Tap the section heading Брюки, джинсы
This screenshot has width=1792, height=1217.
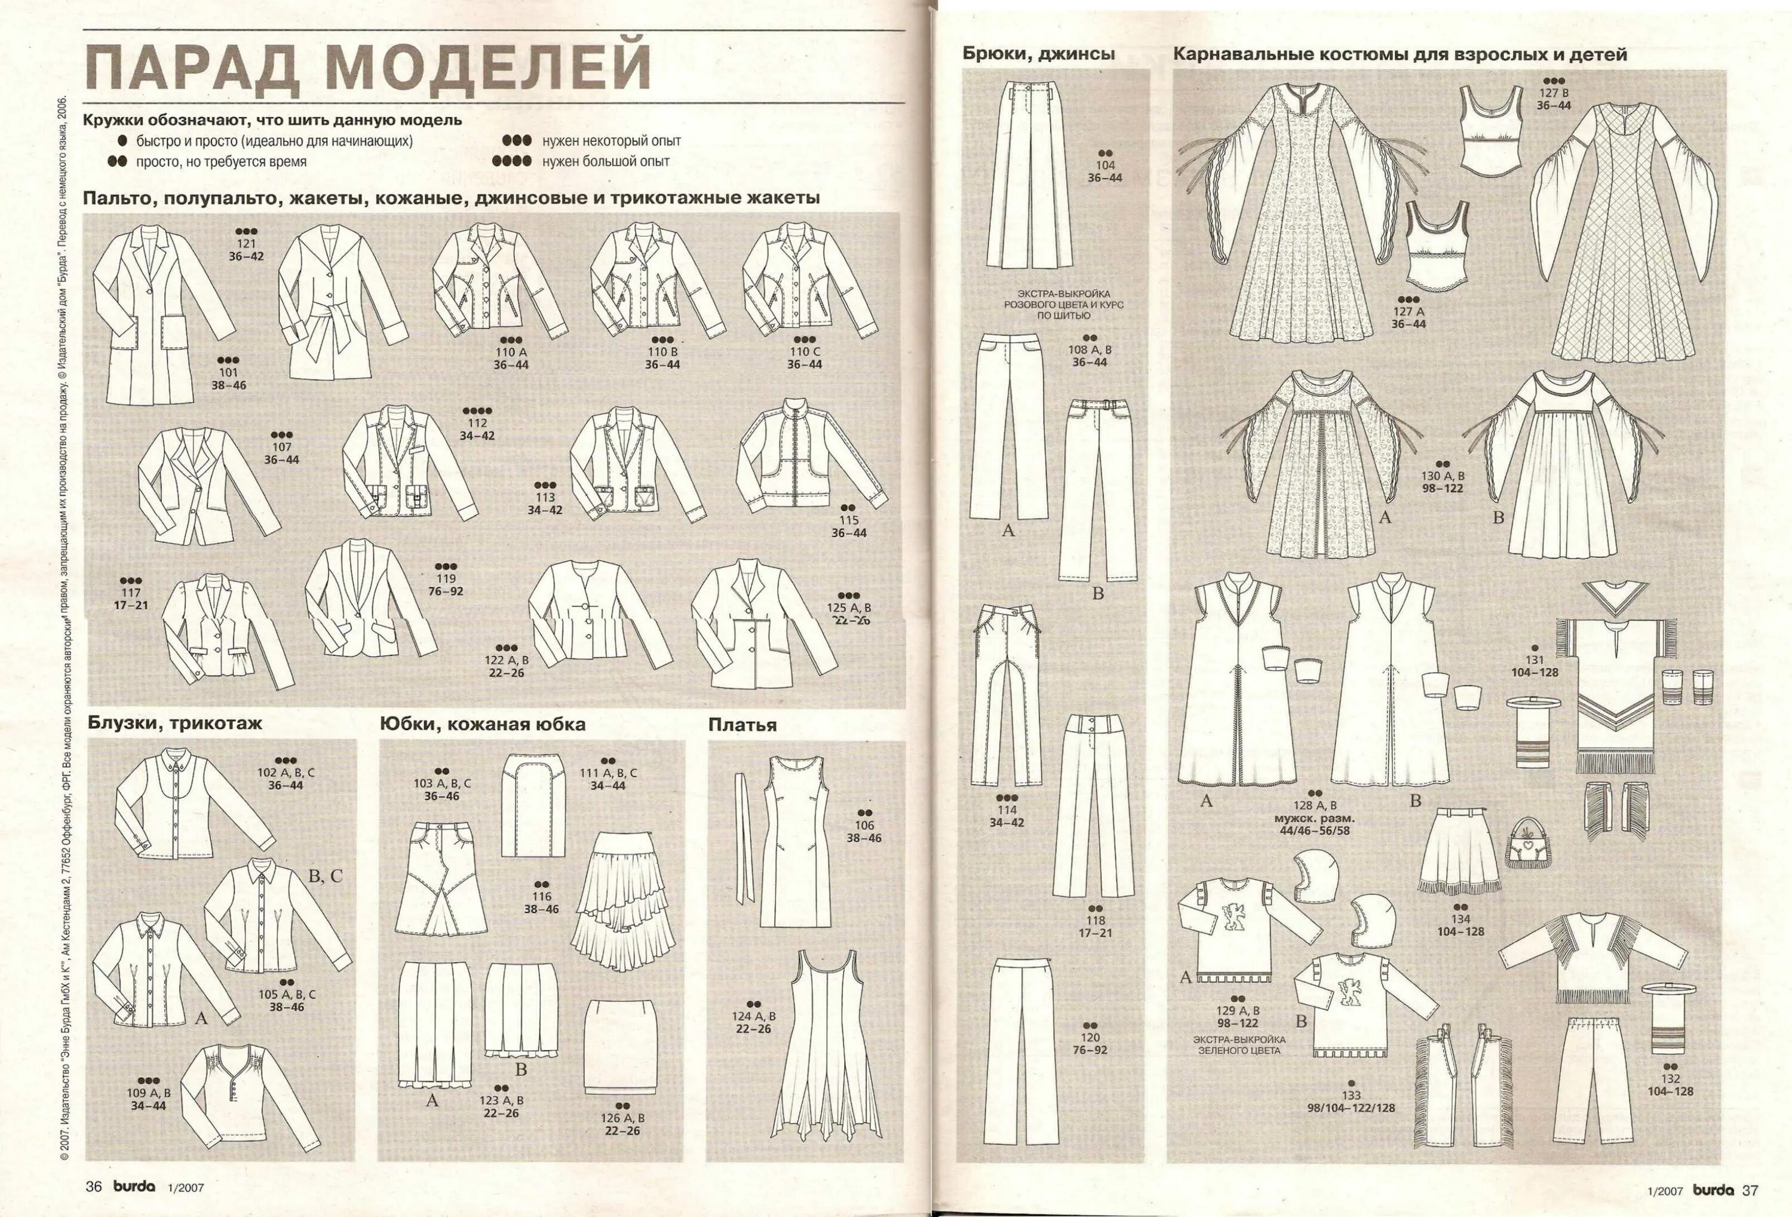tap(1038, 54)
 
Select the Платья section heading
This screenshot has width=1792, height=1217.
tap(742, 725)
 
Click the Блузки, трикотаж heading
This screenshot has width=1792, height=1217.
tap(174, 724)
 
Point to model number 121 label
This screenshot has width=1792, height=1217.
tap(246, 244)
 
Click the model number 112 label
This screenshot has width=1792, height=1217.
tap(477, 422)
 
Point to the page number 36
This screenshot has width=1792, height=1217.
tap(93, 1188)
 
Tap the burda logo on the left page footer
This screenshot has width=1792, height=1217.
tap(135, 1188)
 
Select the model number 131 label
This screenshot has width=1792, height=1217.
tap(1535, 660)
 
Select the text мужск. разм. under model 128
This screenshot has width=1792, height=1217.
tap(1315, 819)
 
